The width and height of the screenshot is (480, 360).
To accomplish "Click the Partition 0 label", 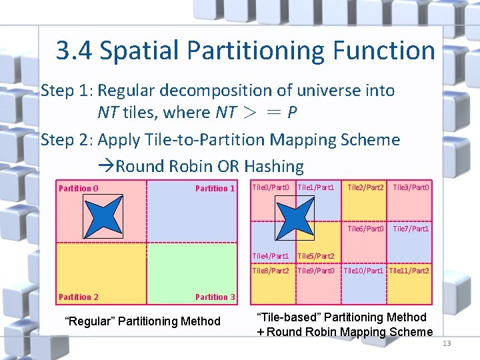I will [x=79, y=188].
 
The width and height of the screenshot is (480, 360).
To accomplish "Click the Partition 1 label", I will [x=215, y=188].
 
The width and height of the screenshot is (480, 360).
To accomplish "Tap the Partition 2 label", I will [x=79, y=297].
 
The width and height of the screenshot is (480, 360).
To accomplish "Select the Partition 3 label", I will [x=215, y=297].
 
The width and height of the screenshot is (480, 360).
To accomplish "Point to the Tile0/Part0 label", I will [x=271, y=187].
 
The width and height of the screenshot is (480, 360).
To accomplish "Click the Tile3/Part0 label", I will [x=411, y=187].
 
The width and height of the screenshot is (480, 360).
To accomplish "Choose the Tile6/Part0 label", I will [x=365, y=229].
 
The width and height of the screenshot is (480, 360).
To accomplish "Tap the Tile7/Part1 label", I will [x=411, y=229].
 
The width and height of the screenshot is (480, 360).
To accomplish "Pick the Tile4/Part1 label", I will [x=271, y=255].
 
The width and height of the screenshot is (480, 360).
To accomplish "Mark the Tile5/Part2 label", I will [x=316, y=255].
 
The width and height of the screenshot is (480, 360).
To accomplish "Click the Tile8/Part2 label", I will [x=271, y=271].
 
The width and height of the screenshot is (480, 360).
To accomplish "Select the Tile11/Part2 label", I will [x=409, y=271].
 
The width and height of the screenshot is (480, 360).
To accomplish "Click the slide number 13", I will [x=446, y=343].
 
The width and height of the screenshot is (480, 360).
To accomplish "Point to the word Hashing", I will [x=274, y=166].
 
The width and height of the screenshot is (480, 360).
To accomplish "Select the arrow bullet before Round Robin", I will [x=107, y=166].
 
